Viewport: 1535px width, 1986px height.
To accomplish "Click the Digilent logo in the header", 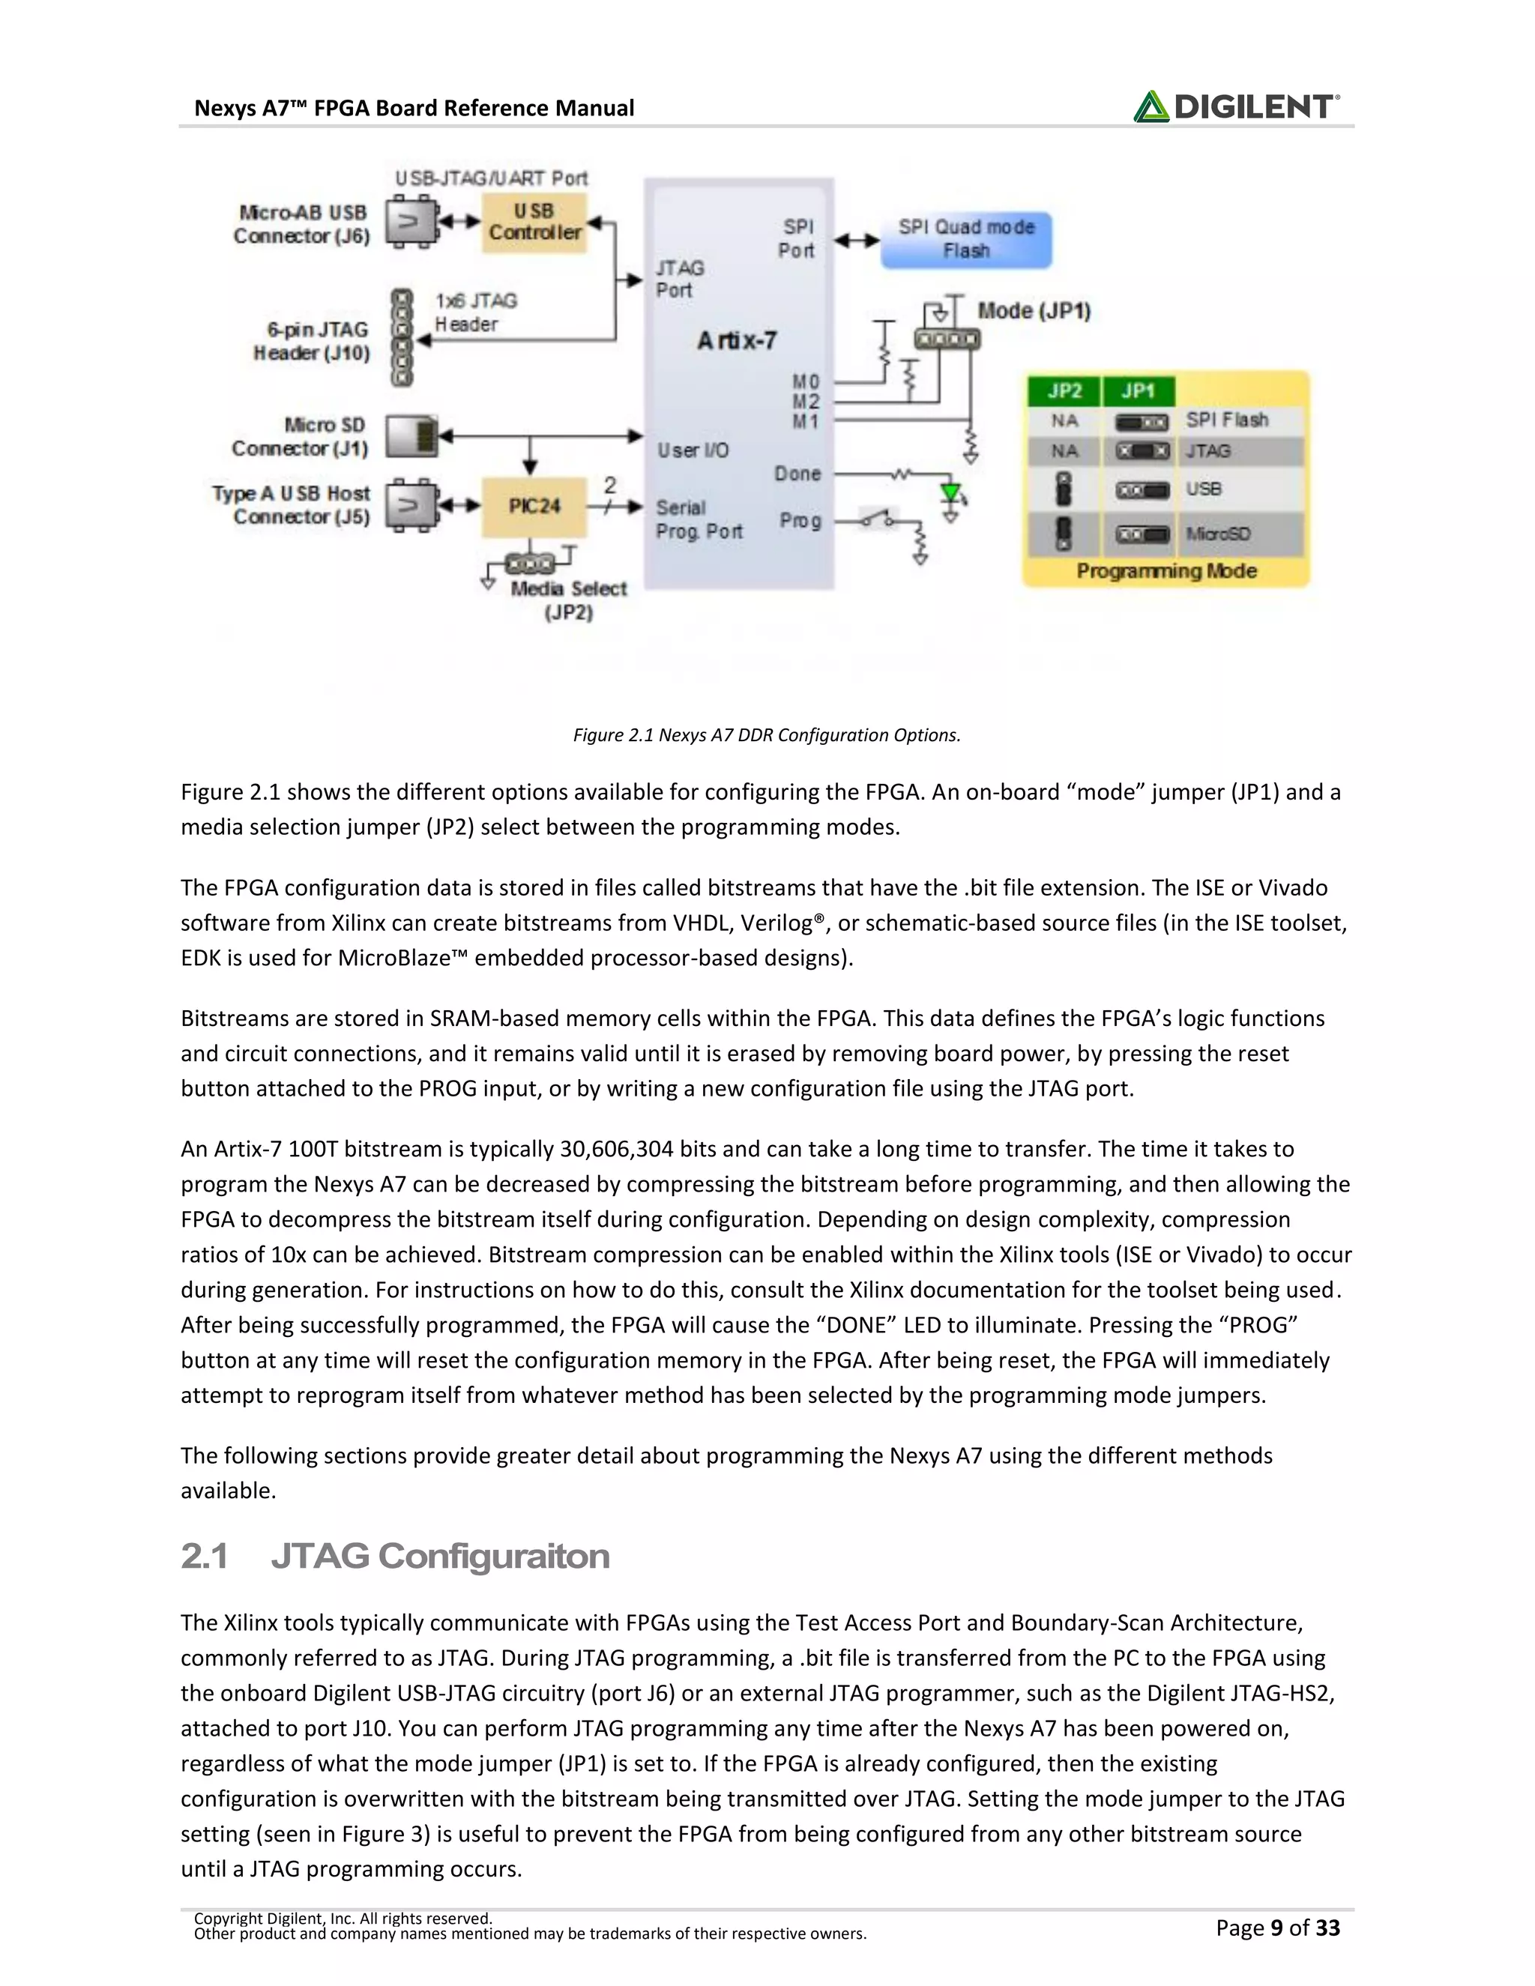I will (1236, 107).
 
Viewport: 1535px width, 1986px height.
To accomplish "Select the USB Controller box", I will (534, 222).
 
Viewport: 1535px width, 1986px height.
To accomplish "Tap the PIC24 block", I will (534, 506).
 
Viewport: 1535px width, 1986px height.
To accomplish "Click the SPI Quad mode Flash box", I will (965, 239).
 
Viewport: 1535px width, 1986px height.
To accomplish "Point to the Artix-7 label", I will (737, 341).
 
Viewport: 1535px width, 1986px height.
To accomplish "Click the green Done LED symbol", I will (951, 494).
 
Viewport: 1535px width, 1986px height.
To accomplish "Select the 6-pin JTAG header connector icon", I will (401, 338).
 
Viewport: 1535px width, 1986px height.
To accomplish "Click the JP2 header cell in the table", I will (1064, 391).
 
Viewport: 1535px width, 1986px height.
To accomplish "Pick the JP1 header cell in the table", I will (1138, 391).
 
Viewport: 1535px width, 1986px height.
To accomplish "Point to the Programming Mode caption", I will (1167, 571).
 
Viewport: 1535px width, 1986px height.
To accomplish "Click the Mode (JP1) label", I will (1034, 311).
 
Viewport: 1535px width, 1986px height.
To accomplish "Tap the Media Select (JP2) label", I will (568, 600).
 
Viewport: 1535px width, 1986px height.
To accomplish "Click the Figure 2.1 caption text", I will (767, 734).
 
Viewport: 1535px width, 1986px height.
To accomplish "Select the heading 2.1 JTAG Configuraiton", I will (395, 1556).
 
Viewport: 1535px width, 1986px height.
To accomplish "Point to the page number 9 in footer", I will (1276, 1928).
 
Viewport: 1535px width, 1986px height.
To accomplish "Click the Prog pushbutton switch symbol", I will (878, 520).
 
